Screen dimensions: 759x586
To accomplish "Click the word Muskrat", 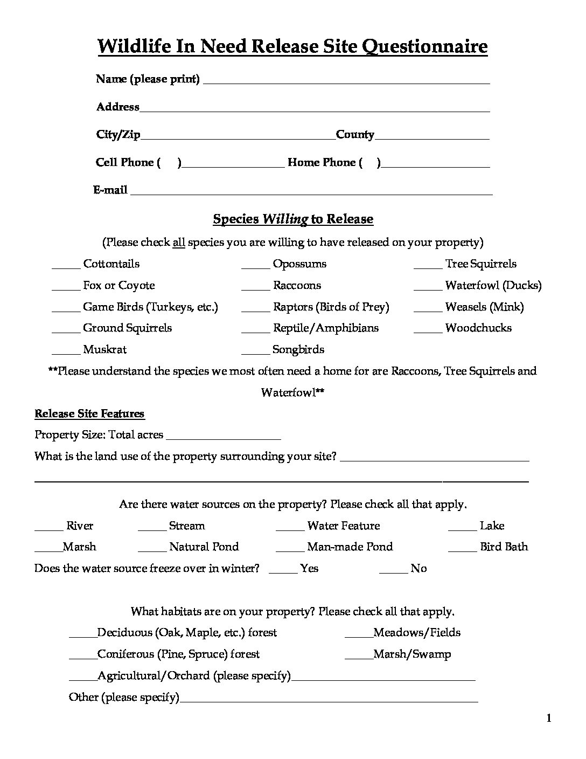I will click(x=104, y=349).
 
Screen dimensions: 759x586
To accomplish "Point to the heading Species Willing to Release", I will click(x=293, y=219).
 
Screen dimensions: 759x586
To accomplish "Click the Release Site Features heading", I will click(x=89, y=413).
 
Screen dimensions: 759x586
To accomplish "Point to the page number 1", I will click(x=549, y=718).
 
